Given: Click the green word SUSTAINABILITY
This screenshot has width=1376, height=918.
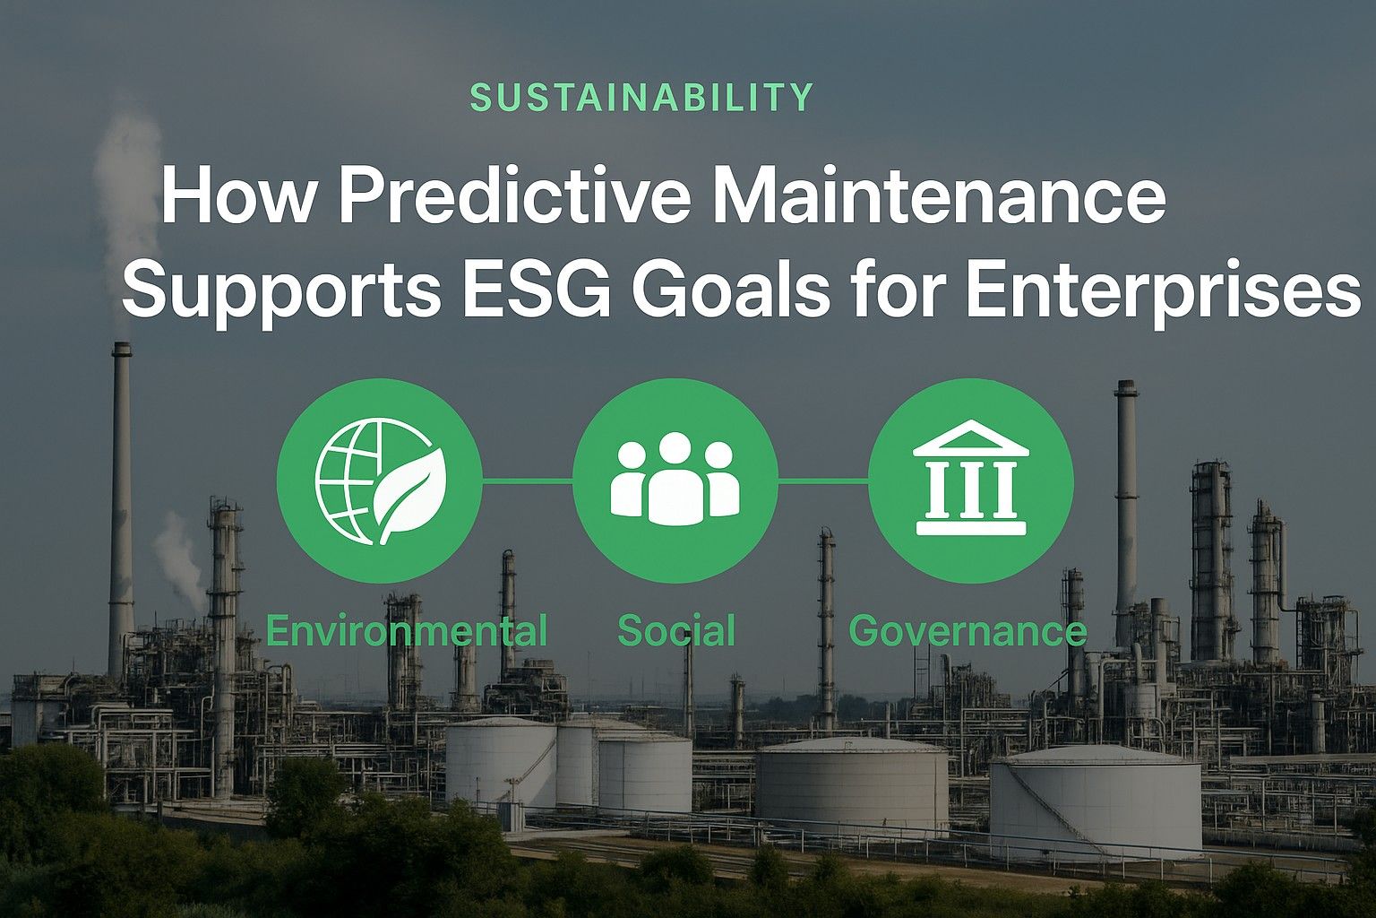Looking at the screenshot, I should click(641, 97).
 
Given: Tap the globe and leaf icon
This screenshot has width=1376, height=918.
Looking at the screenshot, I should click(380, 481).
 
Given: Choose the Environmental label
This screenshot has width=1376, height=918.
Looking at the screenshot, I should click(406, 631).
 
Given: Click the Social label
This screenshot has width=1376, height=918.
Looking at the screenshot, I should click(676, 631).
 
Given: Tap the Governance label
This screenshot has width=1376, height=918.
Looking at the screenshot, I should click(967, 631).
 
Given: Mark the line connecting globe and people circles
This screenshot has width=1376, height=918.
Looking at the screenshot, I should click(527, 481).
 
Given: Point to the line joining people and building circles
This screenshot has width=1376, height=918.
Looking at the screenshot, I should click(822, 481).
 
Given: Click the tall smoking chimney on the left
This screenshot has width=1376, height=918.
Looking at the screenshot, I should click(121, 502).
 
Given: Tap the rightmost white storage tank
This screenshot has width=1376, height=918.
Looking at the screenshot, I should click(1095, 802).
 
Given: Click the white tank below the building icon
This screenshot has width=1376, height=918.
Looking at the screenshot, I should click(851, 784).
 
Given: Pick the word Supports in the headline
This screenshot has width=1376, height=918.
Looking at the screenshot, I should click(280, 292).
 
